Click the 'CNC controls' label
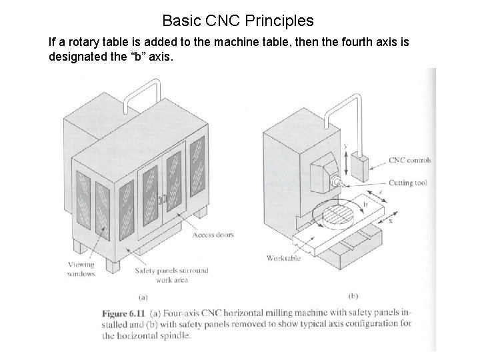click(409, 160)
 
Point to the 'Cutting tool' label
click(407, 183)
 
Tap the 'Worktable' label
click(283, 258)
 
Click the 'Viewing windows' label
click(81, 269)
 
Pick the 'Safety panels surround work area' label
click(171, 275)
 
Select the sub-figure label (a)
click(143, 297)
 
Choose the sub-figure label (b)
click(353, 295)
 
